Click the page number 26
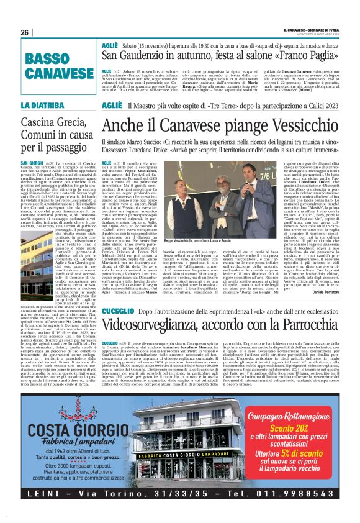[24, 32]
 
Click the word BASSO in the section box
[47, 59]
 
